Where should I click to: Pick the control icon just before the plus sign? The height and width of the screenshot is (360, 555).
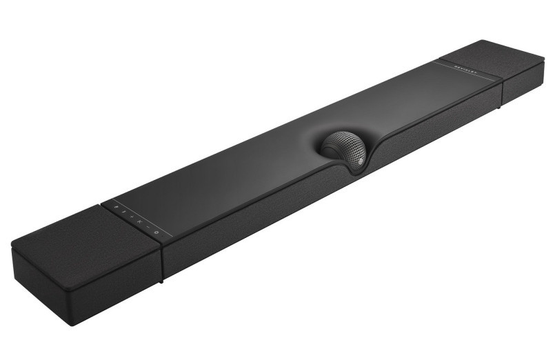click(125, 212)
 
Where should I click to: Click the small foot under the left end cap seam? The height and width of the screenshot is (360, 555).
click(160, 280)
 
